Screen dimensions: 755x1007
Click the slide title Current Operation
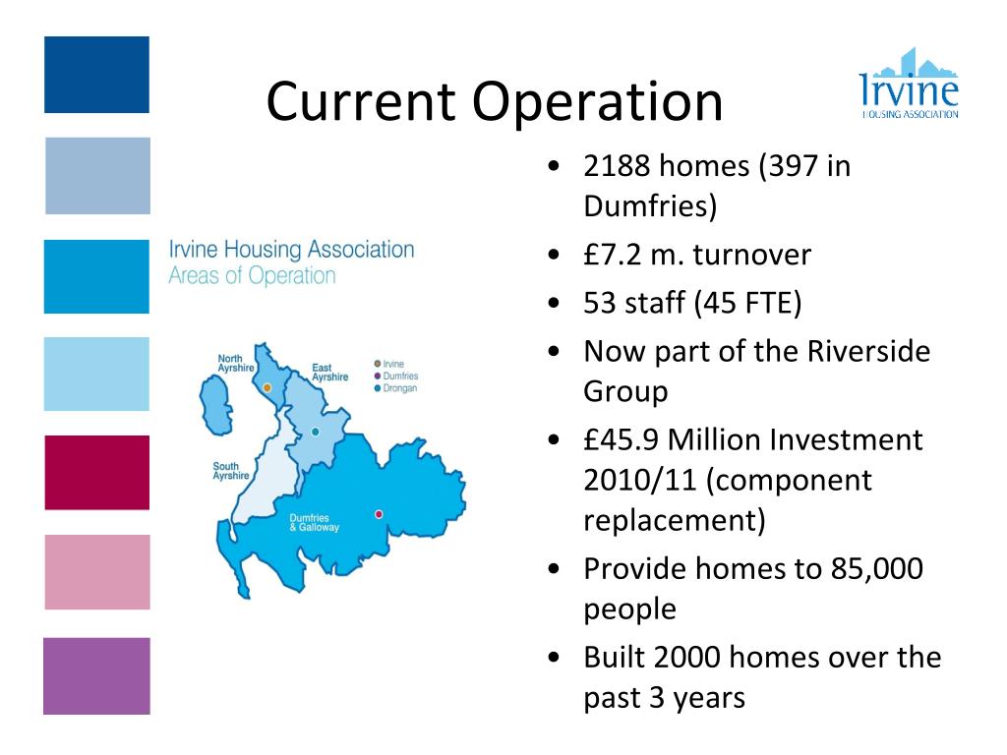pyautogui.click(x=494, y=101)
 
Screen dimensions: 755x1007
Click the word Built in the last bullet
pyautogui.click(x=618, y=656)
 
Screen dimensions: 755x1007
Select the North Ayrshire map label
pyautogui.click(x=235, y=363)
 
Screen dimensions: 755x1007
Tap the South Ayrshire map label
pyautogui.click(x=231, y=471)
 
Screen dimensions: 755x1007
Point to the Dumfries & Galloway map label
pyautogui.click(x=314, y=523)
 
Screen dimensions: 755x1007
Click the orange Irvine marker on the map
pyautogui.click(x=267, y=388)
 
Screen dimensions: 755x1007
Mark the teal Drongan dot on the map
pyautogui.click(x=315, y=432)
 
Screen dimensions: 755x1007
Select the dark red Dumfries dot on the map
pyautogui.click(x=379, y=513)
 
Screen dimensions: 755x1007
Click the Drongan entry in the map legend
pyautogui.click(x=399, y=388)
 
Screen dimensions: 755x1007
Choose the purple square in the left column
pyautogui.click(x=96, y=675)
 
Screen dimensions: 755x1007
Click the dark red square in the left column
pyautogui.click(x=96, y=473)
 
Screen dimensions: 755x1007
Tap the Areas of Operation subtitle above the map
pyautogui.click(x=252, y=276)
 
